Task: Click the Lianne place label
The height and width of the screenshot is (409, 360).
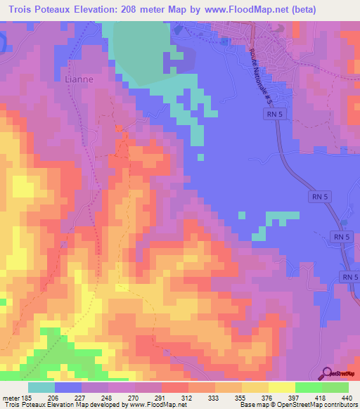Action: (78, 79)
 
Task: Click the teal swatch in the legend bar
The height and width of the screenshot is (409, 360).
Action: (41, 387)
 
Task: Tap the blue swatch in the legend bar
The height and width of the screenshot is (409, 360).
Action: (68, 387)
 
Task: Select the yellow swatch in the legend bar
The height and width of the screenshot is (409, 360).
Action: (281, 387)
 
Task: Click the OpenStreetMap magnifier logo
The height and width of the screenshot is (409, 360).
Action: (327, 374)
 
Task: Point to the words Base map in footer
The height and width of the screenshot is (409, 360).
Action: (252, 405)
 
